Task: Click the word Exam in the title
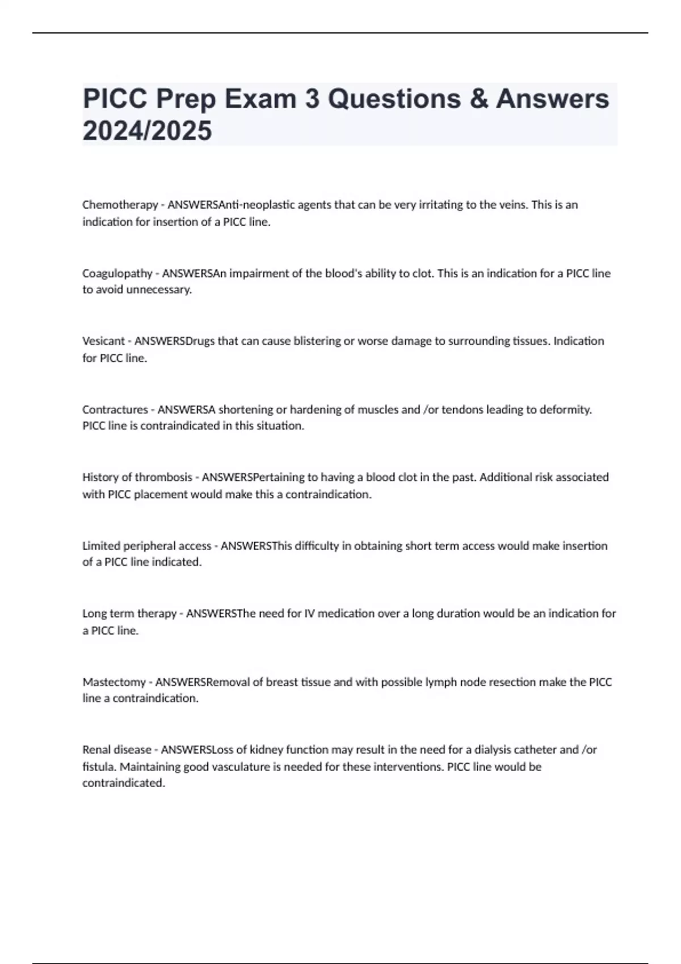[x=260, y=99]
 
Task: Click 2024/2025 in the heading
[x=147, y=130]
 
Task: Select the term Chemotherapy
[x=120, y=205]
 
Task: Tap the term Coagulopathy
[x=117, y=273]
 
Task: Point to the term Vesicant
[x=103, y=341]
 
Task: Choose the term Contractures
[x=115, y=409]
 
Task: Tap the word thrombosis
[x=163, y=477]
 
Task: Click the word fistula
[x=99, y=767]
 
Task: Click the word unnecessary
[x=159, y=290]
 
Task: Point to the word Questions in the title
[x=394, y=99]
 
